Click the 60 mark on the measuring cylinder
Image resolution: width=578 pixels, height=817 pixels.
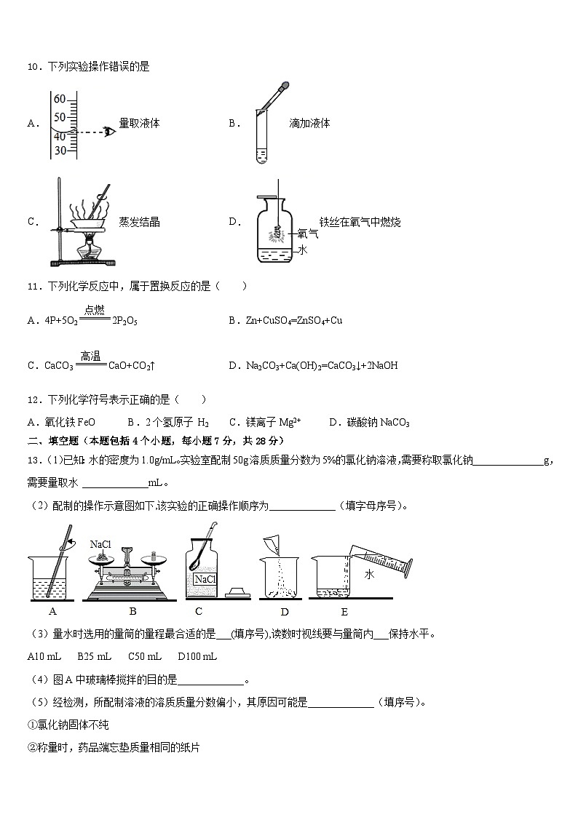60,99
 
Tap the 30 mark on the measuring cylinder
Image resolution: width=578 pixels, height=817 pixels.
60,150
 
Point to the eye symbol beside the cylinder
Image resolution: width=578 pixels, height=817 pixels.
109,132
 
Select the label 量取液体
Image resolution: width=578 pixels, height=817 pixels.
139,124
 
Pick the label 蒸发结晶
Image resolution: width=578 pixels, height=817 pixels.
139,222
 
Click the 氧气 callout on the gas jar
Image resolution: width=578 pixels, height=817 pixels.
309,234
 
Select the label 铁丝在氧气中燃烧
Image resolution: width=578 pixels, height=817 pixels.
360,222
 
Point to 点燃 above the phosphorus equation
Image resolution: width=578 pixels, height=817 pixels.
94,310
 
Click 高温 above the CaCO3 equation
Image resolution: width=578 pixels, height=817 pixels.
90,356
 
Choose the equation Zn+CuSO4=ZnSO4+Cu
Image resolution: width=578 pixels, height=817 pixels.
295,320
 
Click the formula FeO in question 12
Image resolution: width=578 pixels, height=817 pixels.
85,422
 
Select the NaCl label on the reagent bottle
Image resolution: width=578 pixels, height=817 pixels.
204,578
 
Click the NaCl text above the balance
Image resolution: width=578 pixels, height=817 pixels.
100,544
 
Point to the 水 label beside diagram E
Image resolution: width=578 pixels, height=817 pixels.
369,574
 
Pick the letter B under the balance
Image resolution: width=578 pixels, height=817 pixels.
132,611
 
